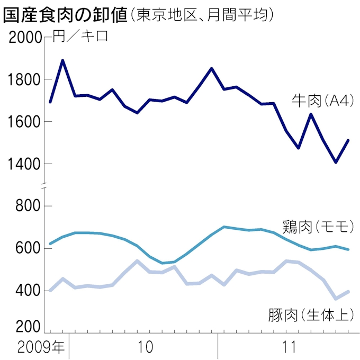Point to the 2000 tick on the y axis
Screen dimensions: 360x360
[24, 38]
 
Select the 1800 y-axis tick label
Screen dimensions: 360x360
[24, 80]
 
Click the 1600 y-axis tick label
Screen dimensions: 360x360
[24, 122]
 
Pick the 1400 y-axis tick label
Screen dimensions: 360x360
[24, 165]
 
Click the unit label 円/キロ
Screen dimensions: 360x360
[80, 38]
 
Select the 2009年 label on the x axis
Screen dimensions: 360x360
[41, 348]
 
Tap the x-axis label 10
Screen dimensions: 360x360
[144, 348]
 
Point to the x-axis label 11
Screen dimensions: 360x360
[290, 348]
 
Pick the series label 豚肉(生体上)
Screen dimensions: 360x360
[310, 316]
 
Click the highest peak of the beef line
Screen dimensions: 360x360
[63, 60]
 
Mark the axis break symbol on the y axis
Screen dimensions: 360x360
[45, 184]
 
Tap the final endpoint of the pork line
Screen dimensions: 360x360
[348, 292]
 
